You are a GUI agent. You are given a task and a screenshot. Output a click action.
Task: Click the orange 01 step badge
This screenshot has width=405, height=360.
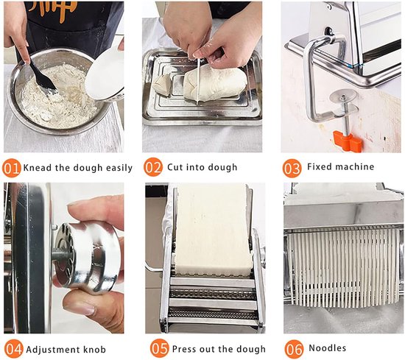[x=11, y=168]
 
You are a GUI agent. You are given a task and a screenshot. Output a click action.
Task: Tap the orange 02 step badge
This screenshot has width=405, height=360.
[x=153, y=167]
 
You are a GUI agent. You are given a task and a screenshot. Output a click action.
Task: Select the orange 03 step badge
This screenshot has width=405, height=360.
[x=292, y=168]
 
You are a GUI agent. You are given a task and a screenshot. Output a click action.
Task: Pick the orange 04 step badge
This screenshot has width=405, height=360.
[x=13, y=350]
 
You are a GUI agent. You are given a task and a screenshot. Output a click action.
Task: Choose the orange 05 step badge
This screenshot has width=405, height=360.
[x=160, y=349]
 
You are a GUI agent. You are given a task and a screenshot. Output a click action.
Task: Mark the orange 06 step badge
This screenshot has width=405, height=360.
[x=294, y=349]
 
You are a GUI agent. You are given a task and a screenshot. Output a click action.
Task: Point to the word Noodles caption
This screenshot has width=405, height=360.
[x=328, y=348]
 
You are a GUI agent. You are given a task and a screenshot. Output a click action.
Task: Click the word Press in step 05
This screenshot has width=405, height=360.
[x=183, y=349]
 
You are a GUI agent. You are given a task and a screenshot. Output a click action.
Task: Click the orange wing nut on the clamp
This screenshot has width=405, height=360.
[x=347, y=141]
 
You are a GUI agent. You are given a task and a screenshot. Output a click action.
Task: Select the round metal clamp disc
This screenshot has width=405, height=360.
[x=343, y=96]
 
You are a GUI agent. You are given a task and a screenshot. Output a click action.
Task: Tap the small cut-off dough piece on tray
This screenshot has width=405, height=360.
[x=162, y=85]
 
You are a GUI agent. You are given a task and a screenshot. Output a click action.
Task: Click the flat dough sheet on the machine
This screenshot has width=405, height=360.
[x=213, y=230]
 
